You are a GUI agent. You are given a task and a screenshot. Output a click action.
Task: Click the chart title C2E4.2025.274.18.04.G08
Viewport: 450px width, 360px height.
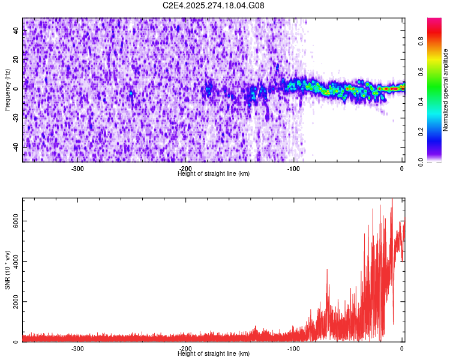[214, 6]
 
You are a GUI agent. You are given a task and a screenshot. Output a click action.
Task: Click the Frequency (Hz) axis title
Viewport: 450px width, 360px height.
[7, 90]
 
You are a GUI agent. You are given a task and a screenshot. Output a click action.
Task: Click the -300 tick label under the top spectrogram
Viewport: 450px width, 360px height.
[77, 169]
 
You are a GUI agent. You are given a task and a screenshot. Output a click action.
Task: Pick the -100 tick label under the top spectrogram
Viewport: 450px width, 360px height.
[293, 169]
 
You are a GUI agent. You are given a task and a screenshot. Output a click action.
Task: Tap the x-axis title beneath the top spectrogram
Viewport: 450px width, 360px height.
[214, 174]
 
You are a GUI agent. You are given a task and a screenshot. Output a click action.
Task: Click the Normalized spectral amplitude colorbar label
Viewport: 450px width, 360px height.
[445, 90]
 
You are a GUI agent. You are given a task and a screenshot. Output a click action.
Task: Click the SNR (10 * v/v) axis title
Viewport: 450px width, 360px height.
[7, 270]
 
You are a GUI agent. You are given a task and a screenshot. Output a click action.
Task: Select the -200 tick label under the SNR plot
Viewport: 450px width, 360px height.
[185, 349]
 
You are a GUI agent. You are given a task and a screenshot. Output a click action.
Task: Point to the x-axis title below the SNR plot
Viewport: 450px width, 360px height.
[214, 354]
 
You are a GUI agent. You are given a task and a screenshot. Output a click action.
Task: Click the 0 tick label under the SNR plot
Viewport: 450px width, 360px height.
[401, 349]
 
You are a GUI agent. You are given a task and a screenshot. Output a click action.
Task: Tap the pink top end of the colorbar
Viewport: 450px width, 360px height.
[434, 20]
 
